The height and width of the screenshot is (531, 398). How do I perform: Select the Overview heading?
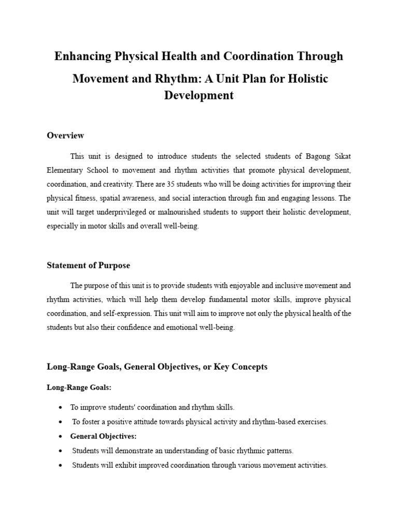(65, 135)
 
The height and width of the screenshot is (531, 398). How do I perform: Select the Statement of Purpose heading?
(88, 265)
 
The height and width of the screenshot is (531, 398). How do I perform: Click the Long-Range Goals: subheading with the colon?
(73, 387)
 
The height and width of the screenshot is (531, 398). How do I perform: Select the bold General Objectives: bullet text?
(103, 436)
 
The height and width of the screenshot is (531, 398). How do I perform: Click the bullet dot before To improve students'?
(61, 408)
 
